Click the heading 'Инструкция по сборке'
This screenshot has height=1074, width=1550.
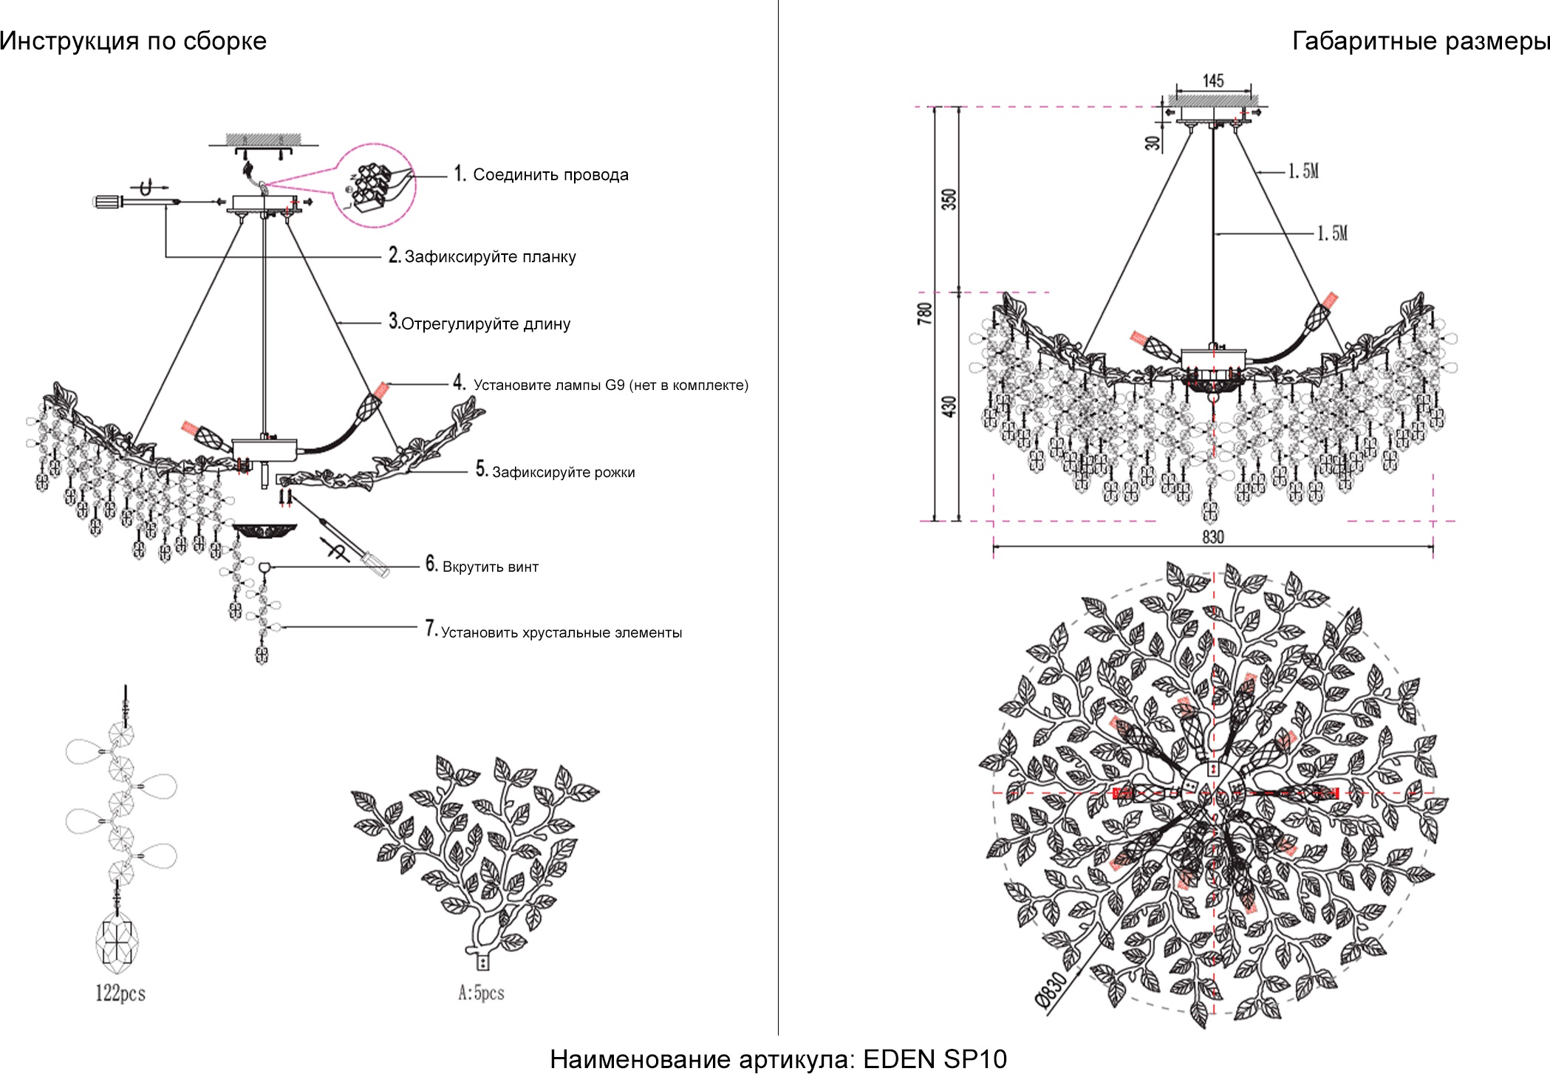(x=133, y=41)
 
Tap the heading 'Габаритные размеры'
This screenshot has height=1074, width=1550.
(x=1420, y=41)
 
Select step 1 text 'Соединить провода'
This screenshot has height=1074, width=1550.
(x=550, y=175)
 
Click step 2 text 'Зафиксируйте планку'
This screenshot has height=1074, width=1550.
(x=490, y=257)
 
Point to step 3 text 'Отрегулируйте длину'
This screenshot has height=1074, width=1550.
(x=485, y=324)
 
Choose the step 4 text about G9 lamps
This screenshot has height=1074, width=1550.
(x=610, y=385)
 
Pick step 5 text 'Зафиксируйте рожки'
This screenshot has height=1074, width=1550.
(x=563, y=473)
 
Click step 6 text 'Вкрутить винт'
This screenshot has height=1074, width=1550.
(x=491, y=567)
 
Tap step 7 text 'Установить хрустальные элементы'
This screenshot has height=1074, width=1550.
(x=561, y=633)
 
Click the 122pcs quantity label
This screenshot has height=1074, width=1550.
(x=120, y=993)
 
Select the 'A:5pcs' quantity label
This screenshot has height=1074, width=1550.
(x=481, y=993)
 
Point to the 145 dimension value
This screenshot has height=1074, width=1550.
(x=1213, y=81)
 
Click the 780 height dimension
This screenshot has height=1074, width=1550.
(x=924, y=313)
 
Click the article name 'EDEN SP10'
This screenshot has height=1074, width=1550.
(x=935, y=1059)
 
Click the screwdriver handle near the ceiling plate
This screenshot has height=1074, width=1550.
(x=107, y=201)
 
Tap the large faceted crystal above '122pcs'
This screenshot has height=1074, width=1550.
(x=117, y=940)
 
